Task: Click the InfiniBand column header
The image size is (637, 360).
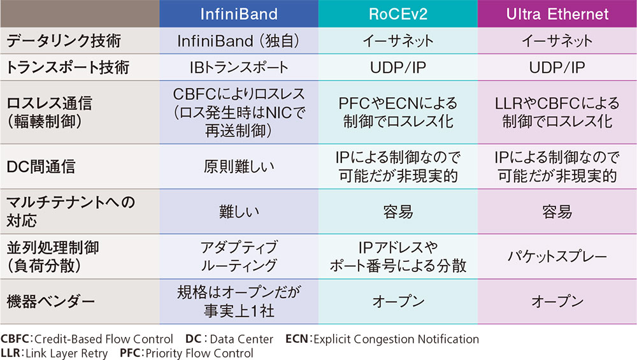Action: point(239,13)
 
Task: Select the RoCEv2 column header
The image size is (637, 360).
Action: point(398,13)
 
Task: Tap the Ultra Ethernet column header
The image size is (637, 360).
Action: point(557,13)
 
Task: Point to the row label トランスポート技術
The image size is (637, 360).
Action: point(68,67)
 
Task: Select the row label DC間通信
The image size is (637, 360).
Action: point(41,167)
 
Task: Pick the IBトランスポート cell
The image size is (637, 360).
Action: point(239,67)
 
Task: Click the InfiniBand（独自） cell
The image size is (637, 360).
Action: point(239,41)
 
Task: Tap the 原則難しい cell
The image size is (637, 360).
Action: point(239,167)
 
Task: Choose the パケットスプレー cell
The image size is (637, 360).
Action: point(557,257)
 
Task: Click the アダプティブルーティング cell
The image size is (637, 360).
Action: point(239,257)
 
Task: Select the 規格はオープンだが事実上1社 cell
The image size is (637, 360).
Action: point(239,301)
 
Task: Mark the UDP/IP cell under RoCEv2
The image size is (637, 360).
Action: point(398,67)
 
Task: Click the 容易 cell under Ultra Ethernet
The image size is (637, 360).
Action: point(557,212)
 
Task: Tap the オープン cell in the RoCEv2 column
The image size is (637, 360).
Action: point(398,301)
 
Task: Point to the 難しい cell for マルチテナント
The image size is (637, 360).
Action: point(239,212)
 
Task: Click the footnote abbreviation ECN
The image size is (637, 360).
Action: point(296,340)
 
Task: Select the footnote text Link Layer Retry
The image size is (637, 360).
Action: point(64,353)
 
